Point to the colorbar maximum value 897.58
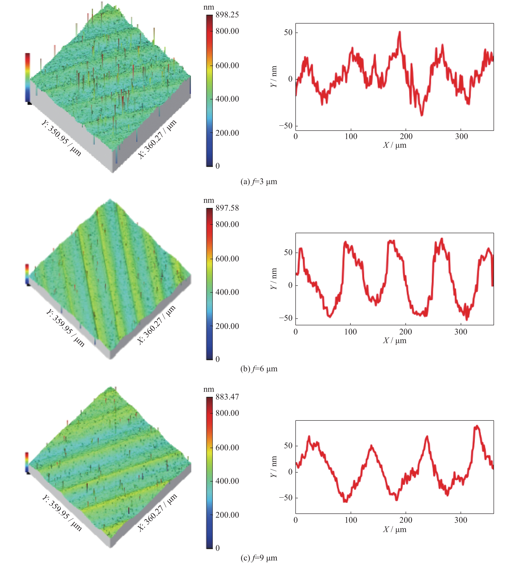pos(227,208)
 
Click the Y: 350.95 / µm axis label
pos(61,138)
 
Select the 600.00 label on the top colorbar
pos(227,66)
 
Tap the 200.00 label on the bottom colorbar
pos(227,515)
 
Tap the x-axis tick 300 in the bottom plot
pos(461,520)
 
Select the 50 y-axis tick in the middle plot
pos(288,252)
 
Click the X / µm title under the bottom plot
pos(395,529)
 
